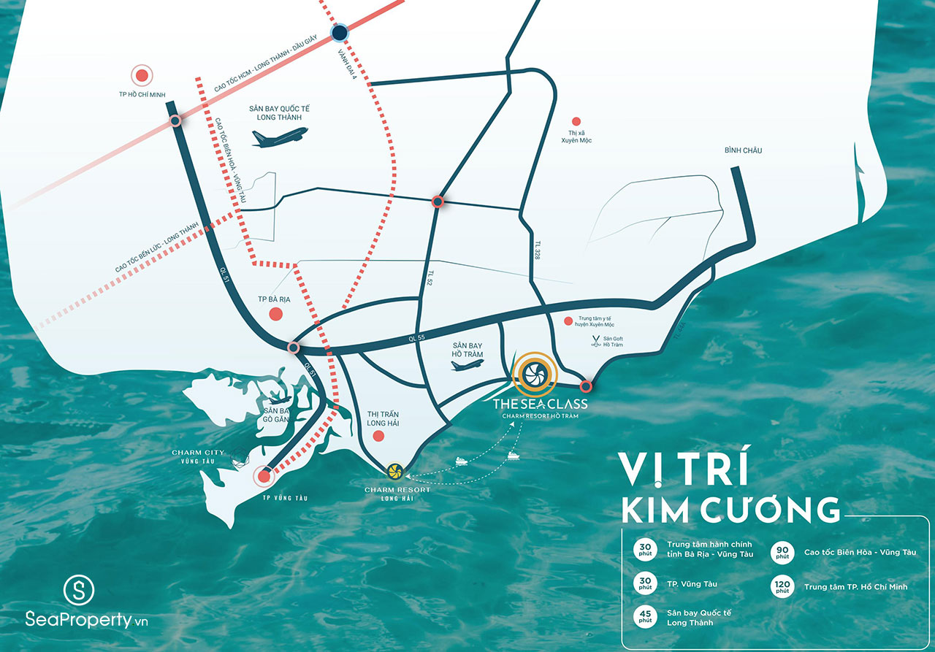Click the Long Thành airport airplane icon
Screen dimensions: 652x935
pyautogui.click(x=280, y=137)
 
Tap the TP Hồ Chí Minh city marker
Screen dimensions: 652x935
pyautogui.click(x=141, y=74)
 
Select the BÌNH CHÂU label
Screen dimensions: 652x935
pyautogui.click(x=743, y=150)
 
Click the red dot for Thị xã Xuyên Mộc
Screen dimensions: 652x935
pyautogui.click(x=576, y=121)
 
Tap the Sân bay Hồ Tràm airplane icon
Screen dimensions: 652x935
pyautogui.click(x=468, y=365)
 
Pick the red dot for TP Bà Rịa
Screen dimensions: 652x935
pyautogui.click(x=276, y=314)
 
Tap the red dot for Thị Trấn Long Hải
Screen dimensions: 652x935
pyautogui.click(x=378, y=437)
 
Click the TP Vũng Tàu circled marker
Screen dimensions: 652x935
pyautogui.click(x=264, y=478)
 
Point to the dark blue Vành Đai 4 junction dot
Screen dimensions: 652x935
pyautogui.click(x=340, y=32)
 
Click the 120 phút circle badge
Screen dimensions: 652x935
pyautogui.click(x=782, y=586)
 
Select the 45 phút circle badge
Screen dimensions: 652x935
pyautogui.click(x=645, y=617)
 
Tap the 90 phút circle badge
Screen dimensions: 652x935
pyautogui.click(x=782, y=552)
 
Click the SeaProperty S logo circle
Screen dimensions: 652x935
pyautogui.click(x=80, y=590)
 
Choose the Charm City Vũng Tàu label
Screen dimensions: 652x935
pyautogui.click(x=197, y=457)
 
